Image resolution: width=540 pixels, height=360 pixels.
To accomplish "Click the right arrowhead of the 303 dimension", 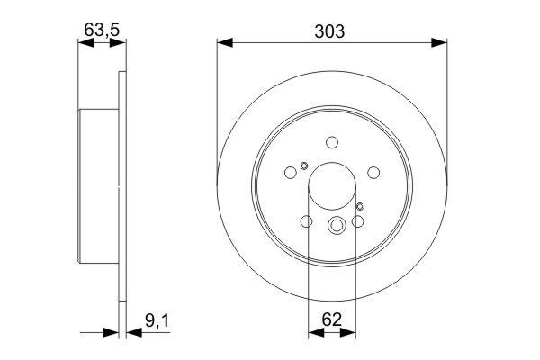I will pos(442,41).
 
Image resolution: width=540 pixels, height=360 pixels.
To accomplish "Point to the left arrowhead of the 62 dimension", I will pos(313,333).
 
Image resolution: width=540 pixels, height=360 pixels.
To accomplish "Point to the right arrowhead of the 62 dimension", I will pos(349,333).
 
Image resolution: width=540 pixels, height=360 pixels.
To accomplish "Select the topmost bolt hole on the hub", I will pos(332,141).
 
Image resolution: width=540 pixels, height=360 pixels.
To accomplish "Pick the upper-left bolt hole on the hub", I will pos(291,174).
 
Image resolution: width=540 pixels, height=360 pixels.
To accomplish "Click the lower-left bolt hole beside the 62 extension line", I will pos(306,221).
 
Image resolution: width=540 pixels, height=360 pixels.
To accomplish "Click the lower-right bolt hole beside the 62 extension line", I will pos(357,221).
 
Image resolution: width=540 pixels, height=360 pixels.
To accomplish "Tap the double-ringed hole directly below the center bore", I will pos(337,227).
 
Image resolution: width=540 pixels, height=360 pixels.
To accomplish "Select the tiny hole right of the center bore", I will pos(359,208).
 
